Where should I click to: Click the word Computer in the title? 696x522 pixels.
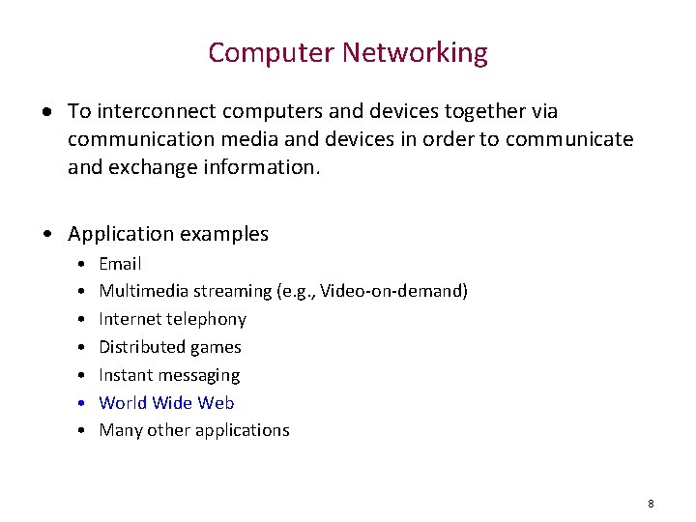pyautogui.click(x=274, y=52)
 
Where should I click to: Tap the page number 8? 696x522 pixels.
pyautogui.click(x=651, y=504)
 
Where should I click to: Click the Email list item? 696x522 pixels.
pyautogui.click(x=120, y=264)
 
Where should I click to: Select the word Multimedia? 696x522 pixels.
pyautogui.click(x=143, y=291)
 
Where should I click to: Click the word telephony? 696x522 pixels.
pyautogui.click(x=207, y=319)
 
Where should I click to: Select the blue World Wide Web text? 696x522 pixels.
pyautogui.click(x=166, y=403)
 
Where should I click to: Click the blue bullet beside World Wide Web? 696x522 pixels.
pyautogui.click(x=83, y=403)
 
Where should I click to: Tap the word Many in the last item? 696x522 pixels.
pyautogui.click(x=120, y=430)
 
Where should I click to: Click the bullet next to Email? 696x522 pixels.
pyautogui.click(x=83, y=264)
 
